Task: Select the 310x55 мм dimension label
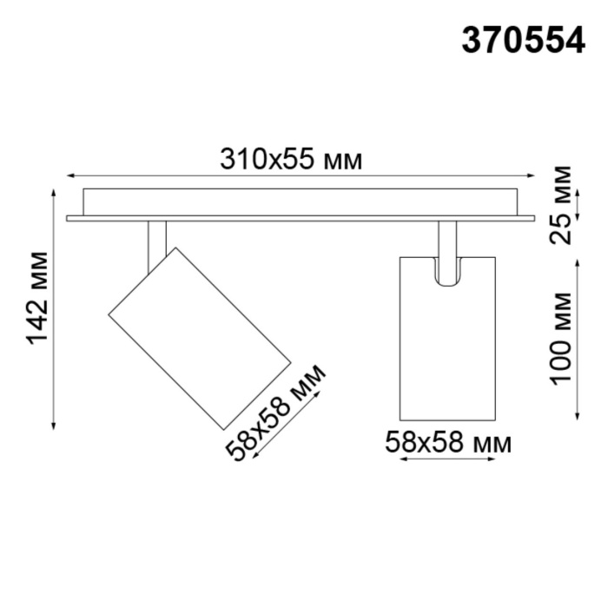(290, 159)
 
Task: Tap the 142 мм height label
(37, 298)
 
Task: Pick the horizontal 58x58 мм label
(447, 443)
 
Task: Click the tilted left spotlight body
(199, 336)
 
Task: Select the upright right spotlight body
(447, 347)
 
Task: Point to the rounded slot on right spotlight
(446, 270)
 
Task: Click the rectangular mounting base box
(301, 202)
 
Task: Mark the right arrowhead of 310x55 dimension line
(532, 175)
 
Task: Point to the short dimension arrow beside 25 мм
(579, 204)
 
